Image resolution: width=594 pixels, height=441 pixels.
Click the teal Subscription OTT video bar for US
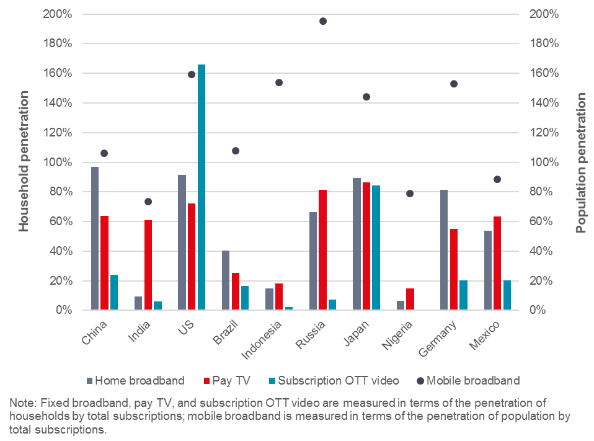pos(202,187)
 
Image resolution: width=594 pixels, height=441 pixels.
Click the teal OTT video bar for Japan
pos(376,247)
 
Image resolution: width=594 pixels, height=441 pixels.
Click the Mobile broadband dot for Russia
pos(323,21)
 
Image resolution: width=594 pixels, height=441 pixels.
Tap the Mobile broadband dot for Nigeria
pos(409,194)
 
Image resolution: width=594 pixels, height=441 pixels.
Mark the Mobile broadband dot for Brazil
pos(236,151)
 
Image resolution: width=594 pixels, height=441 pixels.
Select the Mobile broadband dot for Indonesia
pos(279,82)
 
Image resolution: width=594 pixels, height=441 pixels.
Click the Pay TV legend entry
pos(227,380)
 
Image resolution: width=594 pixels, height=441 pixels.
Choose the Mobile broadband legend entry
pos(476,380)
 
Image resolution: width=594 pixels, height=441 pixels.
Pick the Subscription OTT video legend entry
pos(339,380)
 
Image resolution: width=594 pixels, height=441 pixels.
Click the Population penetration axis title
pos(581,163)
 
